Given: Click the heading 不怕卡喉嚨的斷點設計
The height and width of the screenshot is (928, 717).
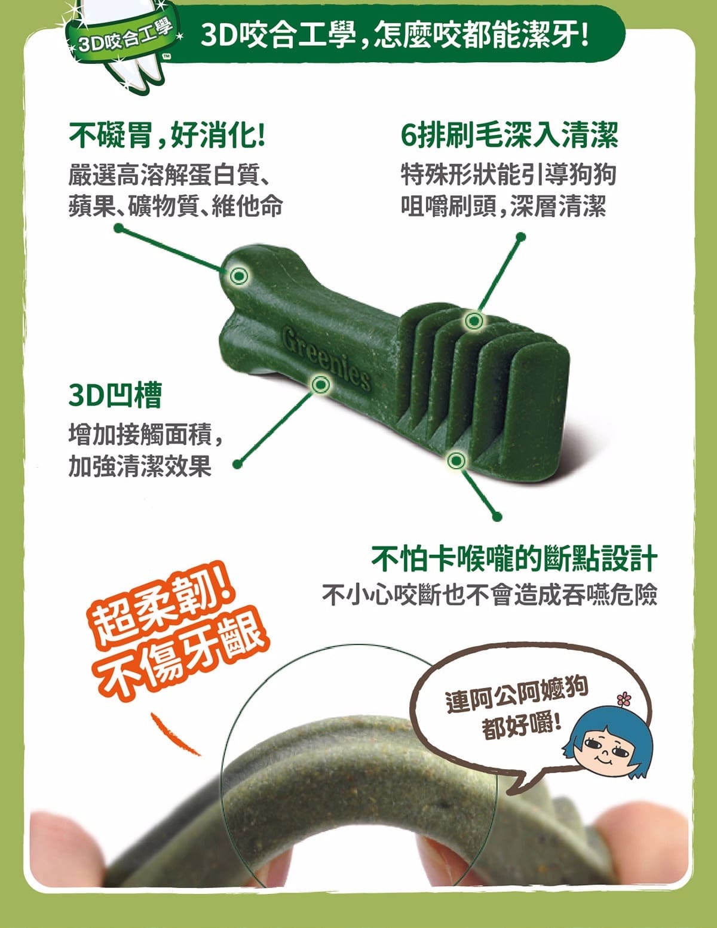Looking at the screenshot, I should click(x=514, y=559).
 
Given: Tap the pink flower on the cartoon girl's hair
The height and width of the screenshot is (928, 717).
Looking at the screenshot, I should click(x=623, y=697).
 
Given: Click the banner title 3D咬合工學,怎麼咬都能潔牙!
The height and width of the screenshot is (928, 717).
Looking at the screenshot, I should click(x=394, y=37).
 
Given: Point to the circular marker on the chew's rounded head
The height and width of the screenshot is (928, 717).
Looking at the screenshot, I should click(x=239, y=275).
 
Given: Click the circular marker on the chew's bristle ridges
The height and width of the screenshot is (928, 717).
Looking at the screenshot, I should click(x=474, y=321).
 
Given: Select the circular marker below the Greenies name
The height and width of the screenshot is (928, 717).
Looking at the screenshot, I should click(x=321, y=383).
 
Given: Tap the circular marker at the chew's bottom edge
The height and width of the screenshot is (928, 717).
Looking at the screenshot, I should click(x=456, y=460).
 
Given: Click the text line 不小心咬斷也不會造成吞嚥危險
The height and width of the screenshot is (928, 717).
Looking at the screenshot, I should click(x=489, y=594).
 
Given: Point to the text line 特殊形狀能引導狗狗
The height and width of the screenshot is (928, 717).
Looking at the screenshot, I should click(x=508, y=175).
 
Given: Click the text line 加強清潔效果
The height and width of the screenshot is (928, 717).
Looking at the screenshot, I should click(x=140, y=466).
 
